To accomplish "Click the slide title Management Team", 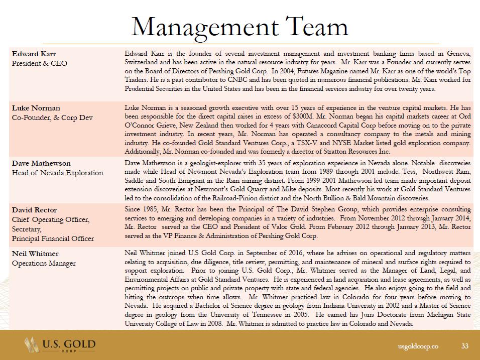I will [239, 26].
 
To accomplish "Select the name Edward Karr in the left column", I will [34, 54].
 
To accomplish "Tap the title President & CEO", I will [40, 63].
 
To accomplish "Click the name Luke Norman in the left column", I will [36, 108].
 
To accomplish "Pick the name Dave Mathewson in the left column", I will [42, 163].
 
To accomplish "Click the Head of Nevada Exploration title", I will [58, 173].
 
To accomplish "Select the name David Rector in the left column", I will [35, 209].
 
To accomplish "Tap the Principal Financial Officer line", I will [53, 238].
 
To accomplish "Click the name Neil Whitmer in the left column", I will [35, 254].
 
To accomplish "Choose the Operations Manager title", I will [44, 263].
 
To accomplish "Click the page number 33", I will [464, 346].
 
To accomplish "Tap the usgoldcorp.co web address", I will [418, 346].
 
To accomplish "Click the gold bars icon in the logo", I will [32, 345].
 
